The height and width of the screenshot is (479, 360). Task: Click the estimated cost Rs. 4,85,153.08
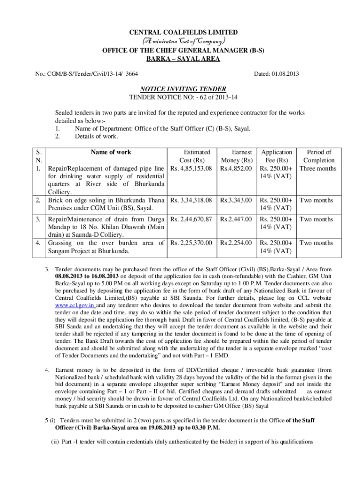(x=192, y=168)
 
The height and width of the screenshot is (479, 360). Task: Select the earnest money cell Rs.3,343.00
(x=236, y=200)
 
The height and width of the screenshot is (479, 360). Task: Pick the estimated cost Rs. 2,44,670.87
(x=192, y=219)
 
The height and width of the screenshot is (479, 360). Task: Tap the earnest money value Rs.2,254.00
(x=236, y=243)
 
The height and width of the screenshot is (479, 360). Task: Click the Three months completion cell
(x=318, y=168)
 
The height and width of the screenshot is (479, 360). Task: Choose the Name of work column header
(x=111, y=152)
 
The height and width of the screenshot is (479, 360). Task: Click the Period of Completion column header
(x=318, y=156)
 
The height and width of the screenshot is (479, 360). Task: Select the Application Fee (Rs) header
(x=277, y=156)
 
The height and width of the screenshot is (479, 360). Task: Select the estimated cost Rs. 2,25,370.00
(x=192, y=243)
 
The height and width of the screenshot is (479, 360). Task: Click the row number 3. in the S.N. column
(x=37, y=219)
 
